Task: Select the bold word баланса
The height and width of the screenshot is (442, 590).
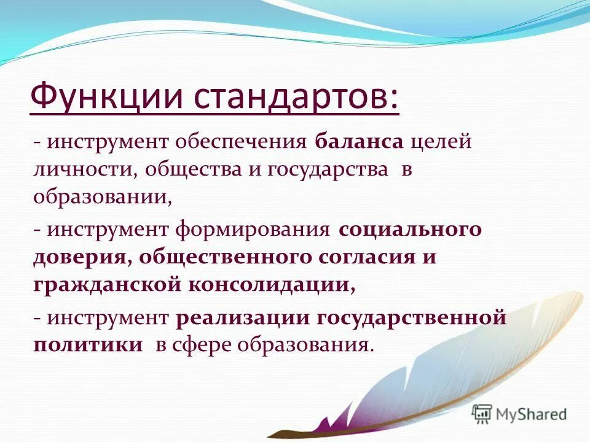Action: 360,142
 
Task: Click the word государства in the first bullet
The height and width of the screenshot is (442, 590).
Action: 328,170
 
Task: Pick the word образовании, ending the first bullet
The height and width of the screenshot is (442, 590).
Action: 102,197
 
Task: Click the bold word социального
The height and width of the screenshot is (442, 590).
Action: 411,230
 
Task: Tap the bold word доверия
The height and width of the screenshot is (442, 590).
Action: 81,257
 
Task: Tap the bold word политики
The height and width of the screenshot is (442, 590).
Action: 88,345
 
